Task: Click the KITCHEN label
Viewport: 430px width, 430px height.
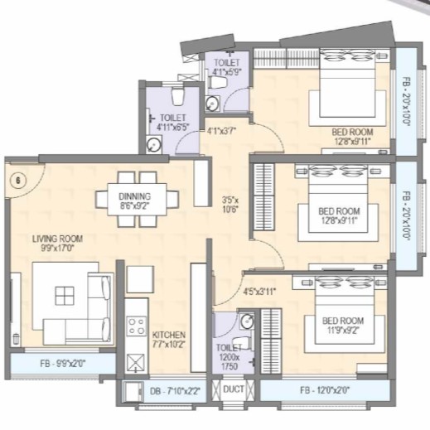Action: coord(168,341)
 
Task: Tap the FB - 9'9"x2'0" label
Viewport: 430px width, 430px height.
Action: coord(56,362)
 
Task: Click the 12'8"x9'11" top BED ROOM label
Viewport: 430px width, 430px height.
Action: coord(352,136)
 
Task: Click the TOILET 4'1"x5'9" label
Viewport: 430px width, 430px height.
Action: coord(226,67)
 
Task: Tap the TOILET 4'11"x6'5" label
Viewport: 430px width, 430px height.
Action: coord(172,123)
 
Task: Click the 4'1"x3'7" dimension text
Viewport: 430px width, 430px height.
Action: coord(222,130)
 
